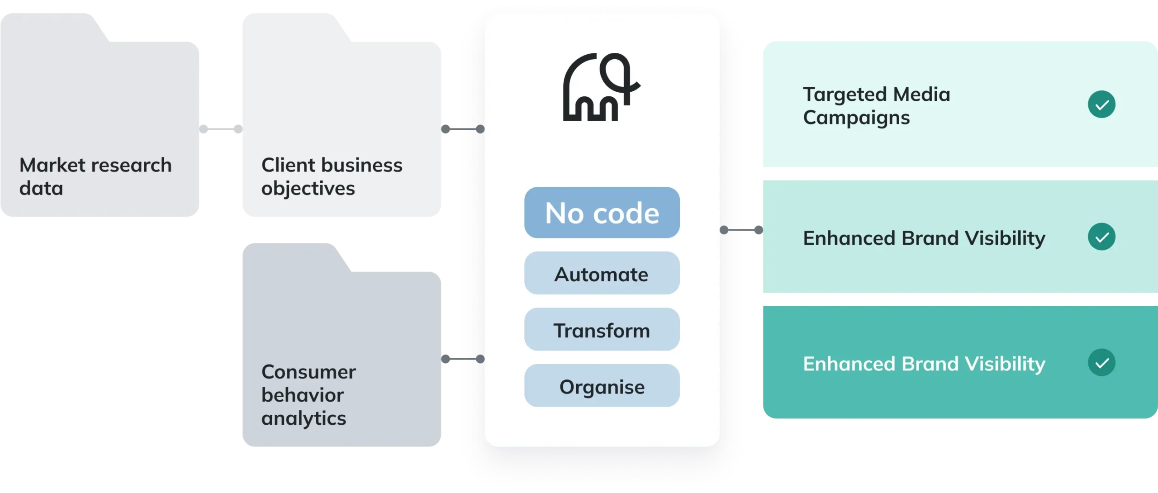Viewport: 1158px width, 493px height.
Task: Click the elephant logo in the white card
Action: pyautogui.click(x=601, y=87)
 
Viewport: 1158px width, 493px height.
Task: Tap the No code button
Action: pyautogui.click(x=602, y=213)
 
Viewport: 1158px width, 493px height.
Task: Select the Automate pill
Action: pyautogui.click(x=602, y=274)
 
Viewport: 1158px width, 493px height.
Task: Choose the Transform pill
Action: pyautogui.click(x=602, y=330)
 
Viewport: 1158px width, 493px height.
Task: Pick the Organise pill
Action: pyautogui.click(x=602, y=386)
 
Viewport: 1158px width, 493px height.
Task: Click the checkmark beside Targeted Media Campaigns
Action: pyautogui.click(x=1101, y=104)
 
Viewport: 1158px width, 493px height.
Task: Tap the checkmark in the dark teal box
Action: pyautogui.click(x=1101, y=362)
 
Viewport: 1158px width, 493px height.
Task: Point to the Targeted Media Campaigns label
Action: pyautogui.click(x=876, y=106)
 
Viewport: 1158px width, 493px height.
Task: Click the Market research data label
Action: pyautogui.click(x=95, y=176)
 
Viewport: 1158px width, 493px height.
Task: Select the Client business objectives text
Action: pyautogui.click(x=332, y=176)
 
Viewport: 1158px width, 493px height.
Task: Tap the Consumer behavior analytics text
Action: pyautogui.click(x=308, y=395)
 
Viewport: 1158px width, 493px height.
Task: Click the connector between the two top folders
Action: pyautogui.click(x=221, y=129)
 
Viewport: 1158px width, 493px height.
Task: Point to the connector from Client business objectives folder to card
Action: pyautogui.click(x=463, y=129)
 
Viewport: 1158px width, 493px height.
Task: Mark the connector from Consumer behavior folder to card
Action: pyautogui.click(x=463, y=359)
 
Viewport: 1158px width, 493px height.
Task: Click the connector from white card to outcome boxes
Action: pyautogui.click(x=741, y=230)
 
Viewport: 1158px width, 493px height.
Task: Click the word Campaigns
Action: pyautogui.click(x=856, y=118)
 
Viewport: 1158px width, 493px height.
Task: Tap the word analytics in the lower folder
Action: pyautogui.click(x=304, y=418)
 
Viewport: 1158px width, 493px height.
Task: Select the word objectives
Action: pyautogui.click(x=308, y=188)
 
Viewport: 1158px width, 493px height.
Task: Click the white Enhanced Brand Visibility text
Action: pyautogui.click(x=924, y=364)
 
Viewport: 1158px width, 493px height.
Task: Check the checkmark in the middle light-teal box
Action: pyautogui.click(x=1101, y=237)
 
